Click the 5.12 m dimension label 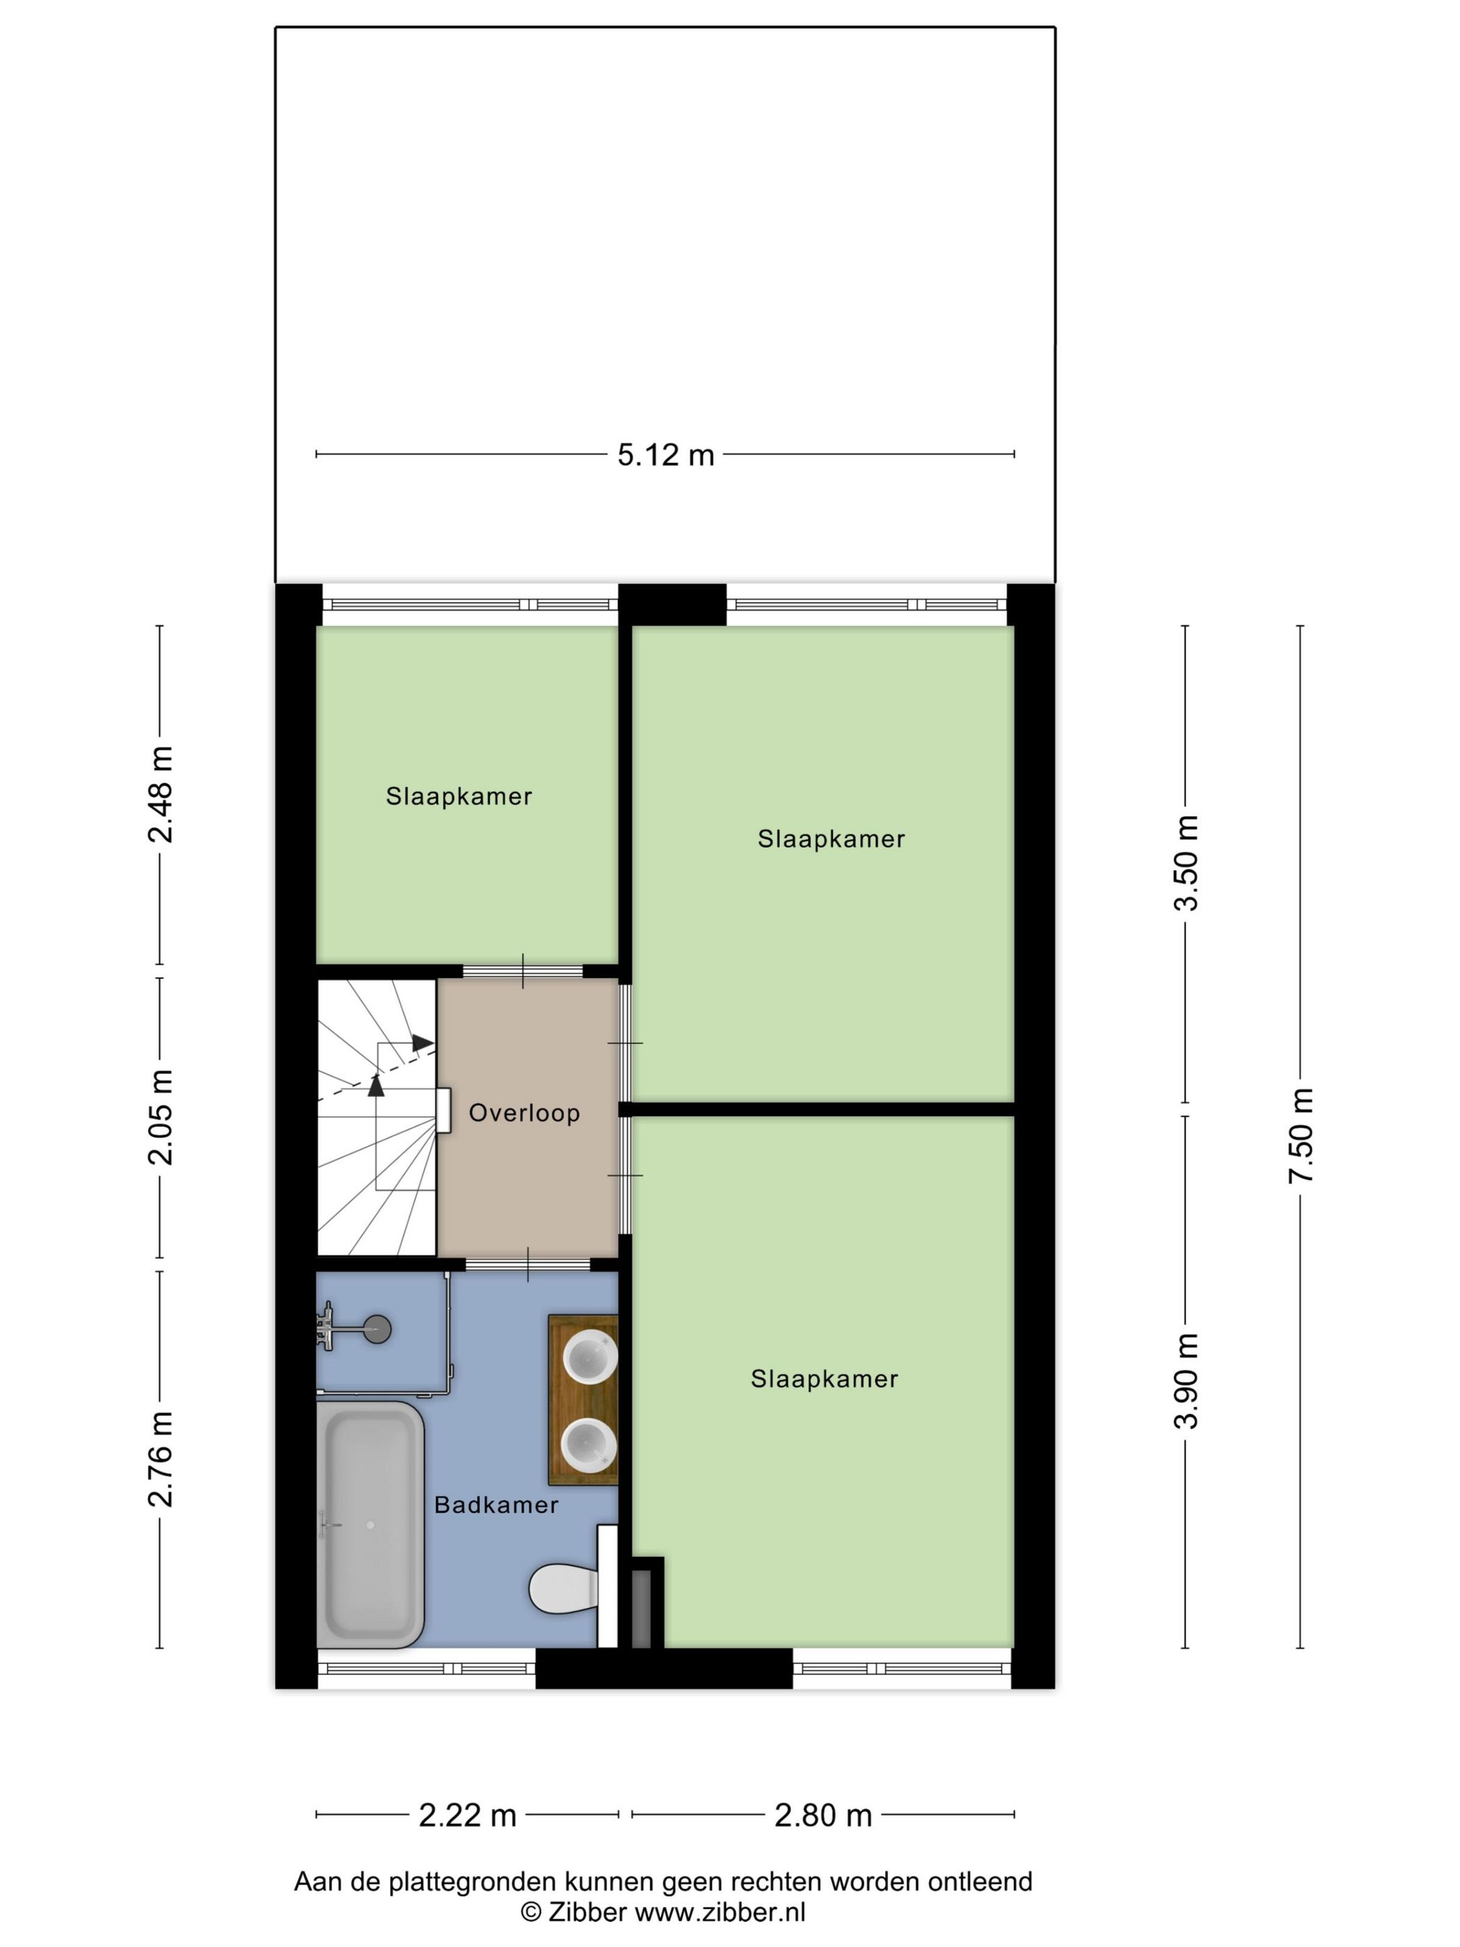(665, 455)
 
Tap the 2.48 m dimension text (161, 794)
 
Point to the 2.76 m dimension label (161, 1458)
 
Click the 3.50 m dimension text (1188, 863)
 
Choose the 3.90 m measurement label (1188, 1381)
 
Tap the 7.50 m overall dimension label (1301, 1135)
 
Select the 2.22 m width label (467, 1815)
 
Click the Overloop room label (524, 1113)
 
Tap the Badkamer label (496, 1504)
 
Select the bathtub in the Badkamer (371, 1524)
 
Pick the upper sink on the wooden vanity (589, 1357)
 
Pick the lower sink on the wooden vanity (588, 1444)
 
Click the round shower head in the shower (377, 1328)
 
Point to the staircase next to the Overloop (377, 1118)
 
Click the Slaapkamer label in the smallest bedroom (458, 797)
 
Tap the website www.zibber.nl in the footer (720, 1912)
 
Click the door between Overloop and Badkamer (527, 1265)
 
